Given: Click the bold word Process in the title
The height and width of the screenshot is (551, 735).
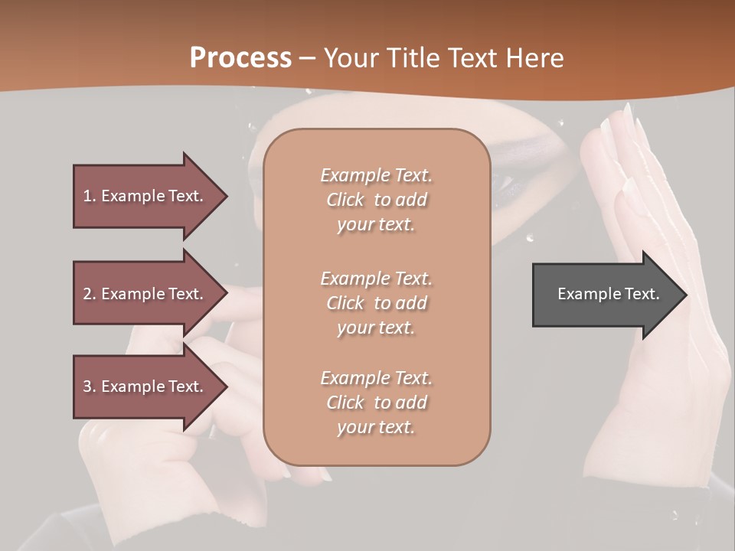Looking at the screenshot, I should [x=240, y=58].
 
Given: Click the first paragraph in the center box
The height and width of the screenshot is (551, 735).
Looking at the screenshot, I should [x=376, y=200].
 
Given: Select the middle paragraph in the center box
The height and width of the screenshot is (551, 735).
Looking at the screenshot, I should [x=376, y=303].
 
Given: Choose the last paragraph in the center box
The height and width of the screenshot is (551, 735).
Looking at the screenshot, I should [x=376, y=403].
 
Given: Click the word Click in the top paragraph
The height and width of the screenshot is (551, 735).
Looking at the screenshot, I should [x=345, y=200].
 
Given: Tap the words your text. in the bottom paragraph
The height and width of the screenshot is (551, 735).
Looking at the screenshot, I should [x=376, y=427].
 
